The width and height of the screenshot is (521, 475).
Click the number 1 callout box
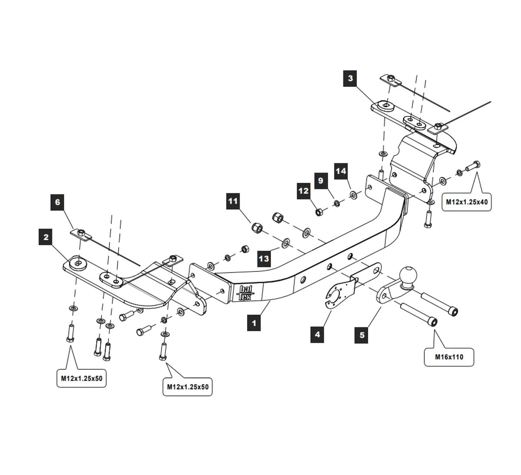[254, 323]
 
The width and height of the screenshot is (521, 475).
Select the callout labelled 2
[46, 237]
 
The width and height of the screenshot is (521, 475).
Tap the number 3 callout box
[350, 79]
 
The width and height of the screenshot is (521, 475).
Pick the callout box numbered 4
[317, 334]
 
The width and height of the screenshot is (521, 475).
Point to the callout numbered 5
[362, 335]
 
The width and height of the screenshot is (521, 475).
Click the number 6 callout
[57, 202]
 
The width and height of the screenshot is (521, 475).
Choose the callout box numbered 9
[321, 180]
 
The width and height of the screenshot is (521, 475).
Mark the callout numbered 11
[233, 201]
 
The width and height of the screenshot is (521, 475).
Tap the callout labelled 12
[303, 191]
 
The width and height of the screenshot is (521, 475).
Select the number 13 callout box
[264, 259]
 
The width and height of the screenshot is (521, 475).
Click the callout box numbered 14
[341, 171]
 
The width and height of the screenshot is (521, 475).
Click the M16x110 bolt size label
[449, 357]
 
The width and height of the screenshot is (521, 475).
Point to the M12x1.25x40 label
[467, 202]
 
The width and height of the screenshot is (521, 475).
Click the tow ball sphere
[409, 275]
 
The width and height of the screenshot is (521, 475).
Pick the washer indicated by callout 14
[353, 195]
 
